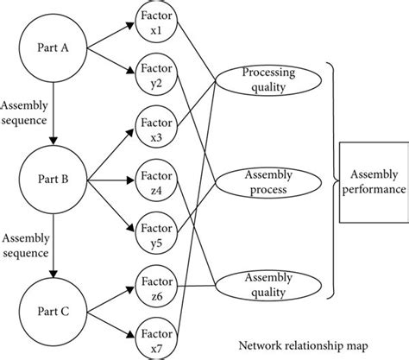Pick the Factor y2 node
point(153,78)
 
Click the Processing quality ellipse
point(270,82)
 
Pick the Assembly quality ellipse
point(270,284)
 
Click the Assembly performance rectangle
point(373,180)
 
